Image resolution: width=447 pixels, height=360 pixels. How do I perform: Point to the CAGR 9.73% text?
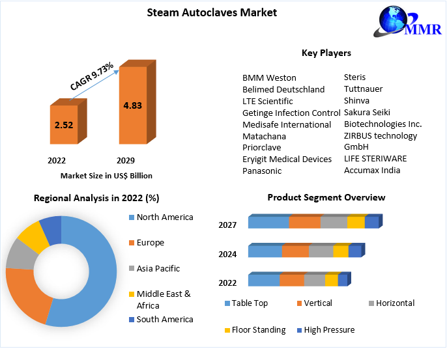[x=92, y=76]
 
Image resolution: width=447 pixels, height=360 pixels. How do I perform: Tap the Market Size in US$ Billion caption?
[x=106, y=176]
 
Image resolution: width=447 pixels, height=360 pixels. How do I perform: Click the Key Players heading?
[x=326, y=53]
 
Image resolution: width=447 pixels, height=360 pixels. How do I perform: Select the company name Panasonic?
[x=262, y=171]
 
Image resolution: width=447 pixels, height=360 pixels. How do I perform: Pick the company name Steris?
[x=354, y=77]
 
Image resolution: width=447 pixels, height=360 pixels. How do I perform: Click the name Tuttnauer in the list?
[x=363, y=89]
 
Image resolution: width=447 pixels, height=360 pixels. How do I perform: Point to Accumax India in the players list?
[x=372, y=171]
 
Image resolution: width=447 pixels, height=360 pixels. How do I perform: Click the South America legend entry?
[x=164, y=320]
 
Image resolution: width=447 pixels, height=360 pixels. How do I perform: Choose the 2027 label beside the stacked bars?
[x=227, y=225]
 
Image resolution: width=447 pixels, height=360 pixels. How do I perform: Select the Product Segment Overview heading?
[x=326, y=197]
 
